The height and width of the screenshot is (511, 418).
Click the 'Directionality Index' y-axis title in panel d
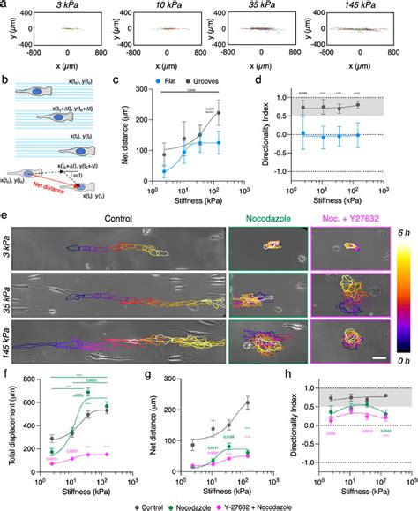tap(282, 133)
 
